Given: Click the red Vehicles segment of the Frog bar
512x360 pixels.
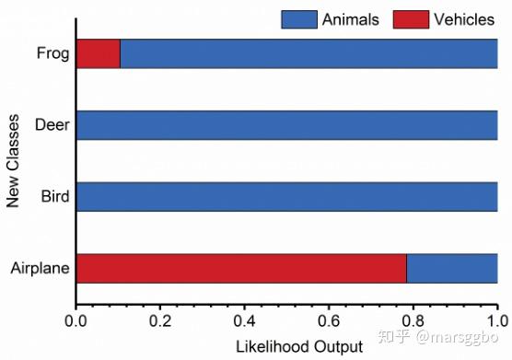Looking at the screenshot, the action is point(99,53).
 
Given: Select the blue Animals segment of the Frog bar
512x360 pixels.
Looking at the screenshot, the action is point(308,53).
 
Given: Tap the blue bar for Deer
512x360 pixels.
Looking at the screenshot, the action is point(287,125).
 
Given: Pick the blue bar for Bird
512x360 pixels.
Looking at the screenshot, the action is point(287,197).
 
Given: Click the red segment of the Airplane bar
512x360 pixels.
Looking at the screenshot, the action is point(241,268).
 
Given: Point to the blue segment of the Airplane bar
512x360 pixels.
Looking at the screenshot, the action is point(452,268).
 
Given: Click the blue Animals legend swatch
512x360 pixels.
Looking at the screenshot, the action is point(299,19).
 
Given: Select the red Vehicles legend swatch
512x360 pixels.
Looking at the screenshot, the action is point(411,19).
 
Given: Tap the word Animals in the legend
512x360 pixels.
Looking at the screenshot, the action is point(350,19).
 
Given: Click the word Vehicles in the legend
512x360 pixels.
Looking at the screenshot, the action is point(464,19).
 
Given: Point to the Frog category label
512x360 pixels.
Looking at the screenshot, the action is point(52,53).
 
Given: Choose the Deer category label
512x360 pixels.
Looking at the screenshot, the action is point(52,125).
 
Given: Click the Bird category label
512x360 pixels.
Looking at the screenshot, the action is point(55,196).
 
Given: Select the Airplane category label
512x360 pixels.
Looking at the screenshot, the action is point(41,268).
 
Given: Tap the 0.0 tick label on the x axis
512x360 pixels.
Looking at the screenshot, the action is point(76,321).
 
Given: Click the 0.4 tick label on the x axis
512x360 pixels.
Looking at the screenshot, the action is point(244,321).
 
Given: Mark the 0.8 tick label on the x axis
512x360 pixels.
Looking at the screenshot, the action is point(413,321).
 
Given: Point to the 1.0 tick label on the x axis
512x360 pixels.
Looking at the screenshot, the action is point(497,321).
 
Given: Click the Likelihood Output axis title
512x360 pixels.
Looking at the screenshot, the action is point(299,346).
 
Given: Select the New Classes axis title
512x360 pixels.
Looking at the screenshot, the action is point(13,161).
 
